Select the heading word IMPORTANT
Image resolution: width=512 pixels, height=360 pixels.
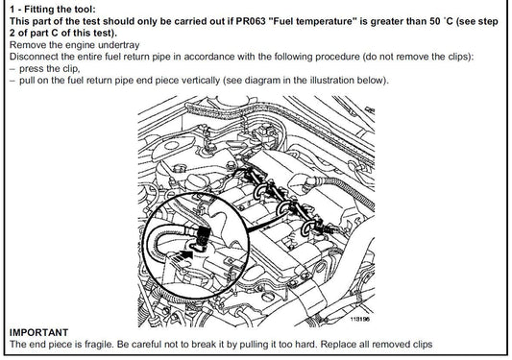38,332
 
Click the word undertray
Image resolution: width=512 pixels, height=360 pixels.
123,45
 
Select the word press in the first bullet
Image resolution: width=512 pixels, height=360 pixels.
31,69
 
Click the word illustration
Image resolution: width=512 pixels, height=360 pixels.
331,81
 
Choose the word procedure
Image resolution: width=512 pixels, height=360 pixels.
337,57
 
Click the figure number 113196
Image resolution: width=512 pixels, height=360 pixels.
360,319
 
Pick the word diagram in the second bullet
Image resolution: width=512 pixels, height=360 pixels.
261,81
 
